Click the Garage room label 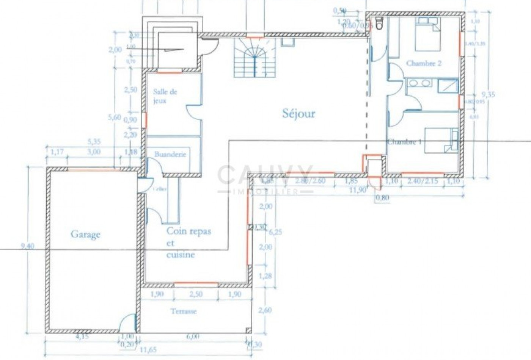(85, 235)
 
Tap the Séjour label (298, 113)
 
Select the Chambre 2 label (424, 63)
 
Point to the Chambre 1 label (404, 142)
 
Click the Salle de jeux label (165, 96)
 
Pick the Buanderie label (170, 154)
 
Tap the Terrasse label (184, 311)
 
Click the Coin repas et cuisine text (188, 243)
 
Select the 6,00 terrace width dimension (193, 337)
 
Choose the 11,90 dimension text (357, 190)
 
